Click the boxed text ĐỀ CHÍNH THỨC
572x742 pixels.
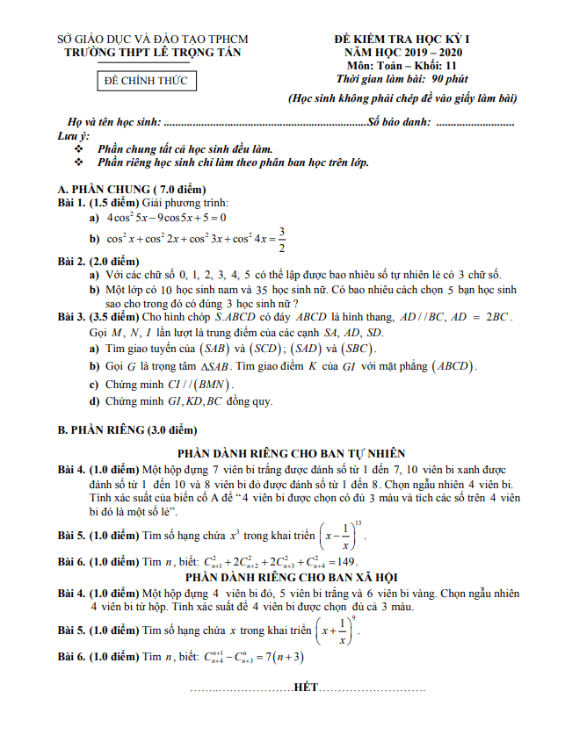[146, 81]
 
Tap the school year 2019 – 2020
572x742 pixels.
[429, 53]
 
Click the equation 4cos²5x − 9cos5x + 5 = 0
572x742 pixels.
[167, 217]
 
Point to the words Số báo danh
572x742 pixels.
[399, 122]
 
